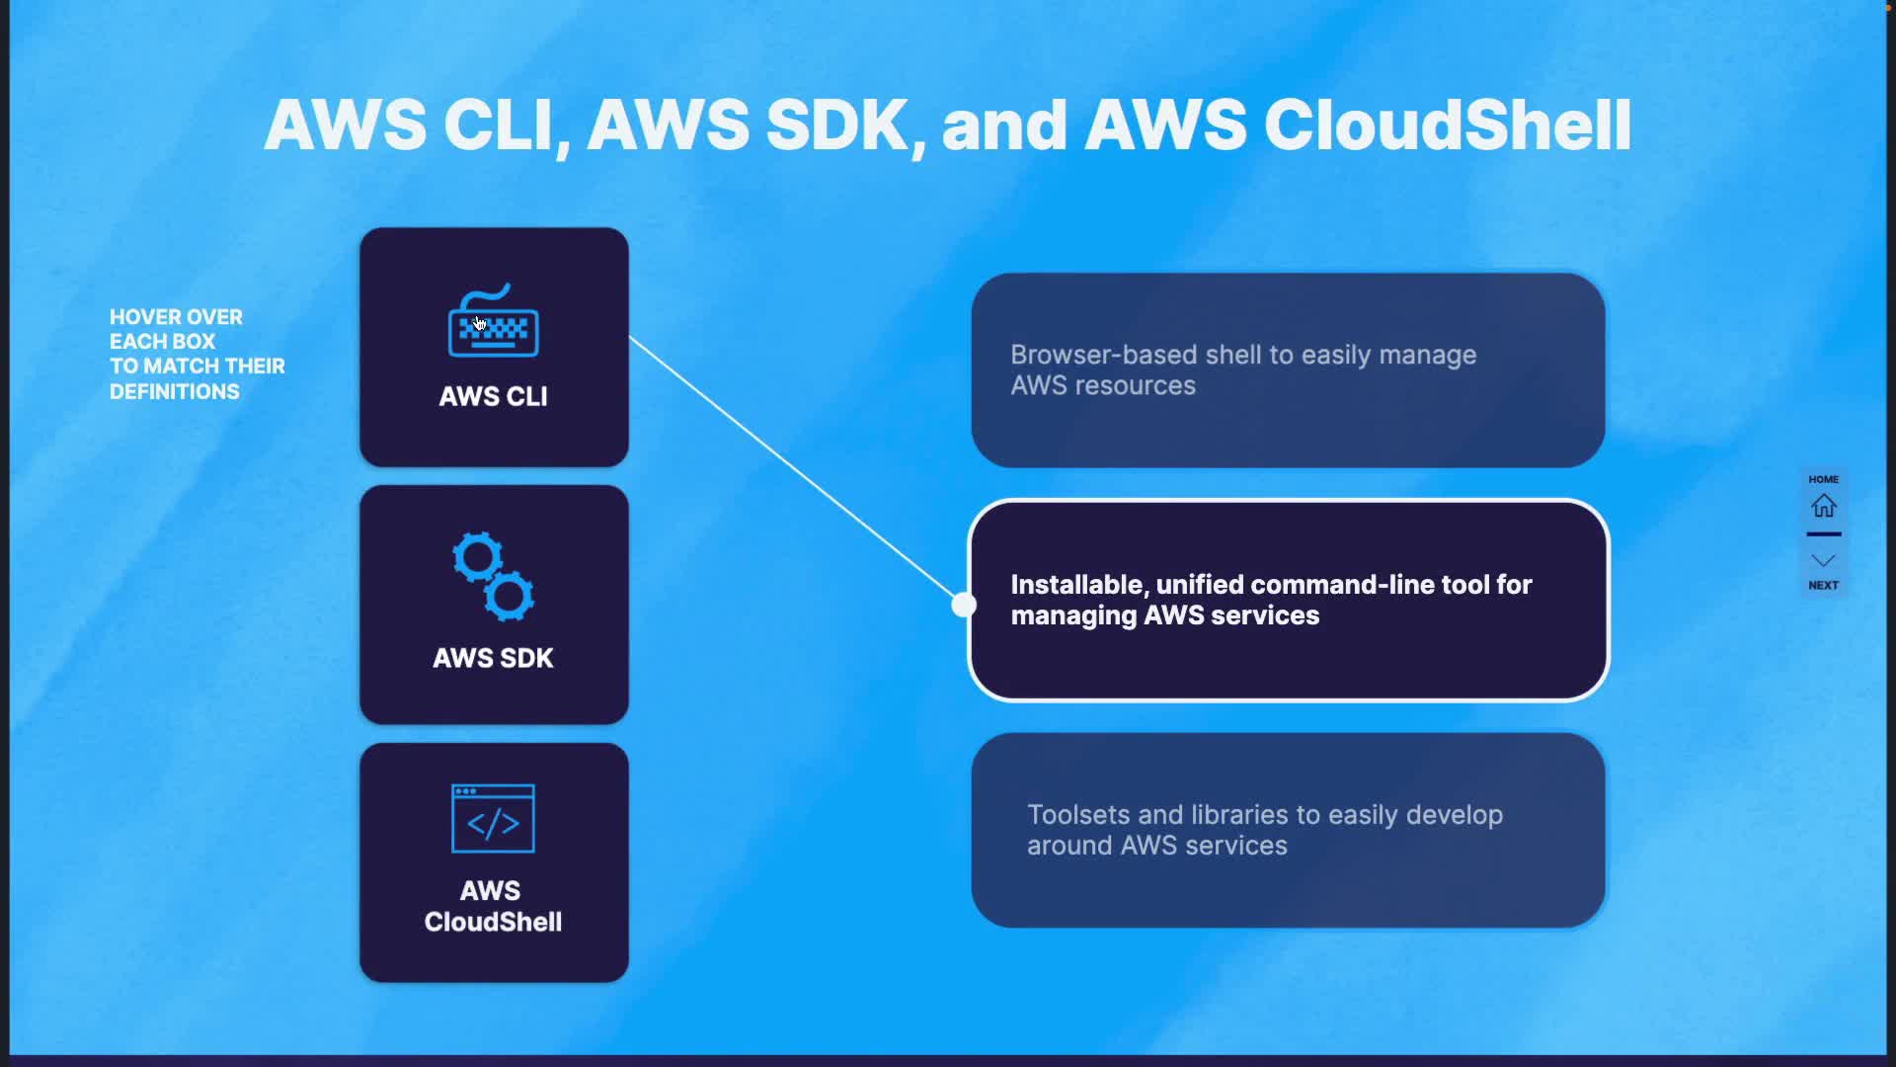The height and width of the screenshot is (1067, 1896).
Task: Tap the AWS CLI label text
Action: (493, 396)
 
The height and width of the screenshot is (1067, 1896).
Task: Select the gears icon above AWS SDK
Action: (494, 576)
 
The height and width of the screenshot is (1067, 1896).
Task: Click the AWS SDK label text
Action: (493, 658)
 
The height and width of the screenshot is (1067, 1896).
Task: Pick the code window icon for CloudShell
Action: (493, 818)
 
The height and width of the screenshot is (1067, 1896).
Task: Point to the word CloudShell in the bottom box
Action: (493, 922)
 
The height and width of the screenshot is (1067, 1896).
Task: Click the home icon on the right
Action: (1823, 507)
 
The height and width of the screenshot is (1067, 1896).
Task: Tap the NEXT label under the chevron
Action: (1823, 586)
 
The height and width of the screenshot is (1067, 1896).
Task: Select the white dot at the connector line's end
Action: (964, 605)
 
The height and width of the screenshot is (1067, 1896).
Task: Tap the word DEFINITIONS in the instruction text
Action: (175, 392)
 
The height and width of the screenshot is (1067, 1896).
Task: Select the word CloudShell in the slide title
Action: (1448, 125)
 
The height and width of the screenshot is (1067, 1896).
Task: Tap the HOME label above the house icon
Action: (1823, 479)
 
